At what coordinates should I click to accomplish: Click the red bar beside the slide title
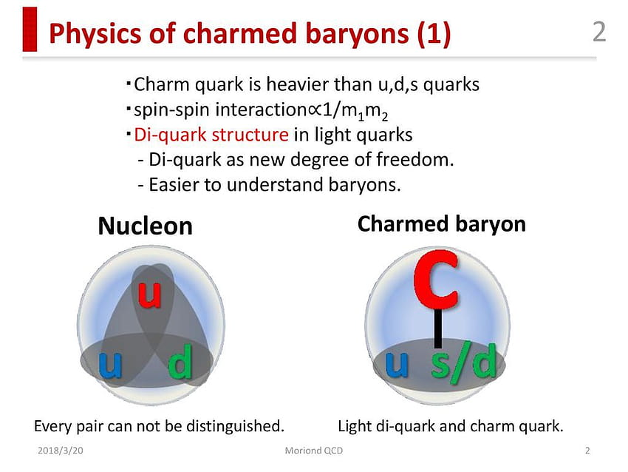pos(30,30)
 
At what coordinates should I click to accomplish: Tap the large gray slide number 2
pos(599,32)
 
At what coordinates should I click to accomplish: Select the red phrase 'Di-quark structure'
pos(211,135)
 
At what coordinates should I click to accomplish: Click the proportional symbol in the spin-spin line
pos(315,110)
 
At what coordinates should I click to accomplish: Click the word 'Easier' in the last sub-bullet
pos(173,185)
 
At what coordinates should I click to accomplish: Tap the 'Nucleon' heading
pos(145,226)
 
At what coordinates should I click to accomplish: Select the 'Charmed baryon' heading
pos(441,223)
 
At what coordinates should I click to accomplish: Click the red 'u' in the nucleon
pos(150,294)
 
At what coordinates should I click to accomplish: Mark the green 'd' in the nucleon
pos(180,361)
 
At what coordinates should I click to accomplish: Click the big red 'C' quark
pos(436,280)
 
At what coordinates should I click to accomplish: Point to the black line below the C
pos(438,328)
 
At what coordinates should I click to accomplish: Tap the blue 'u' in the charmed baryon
pos(397,364)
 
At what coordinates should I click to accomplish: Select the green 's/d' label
pos(463,363)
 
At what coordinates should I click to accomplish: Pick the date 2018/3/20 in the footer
pos(61,451)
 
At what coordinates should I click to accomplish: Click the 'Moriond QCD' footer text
pos(313,451)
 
